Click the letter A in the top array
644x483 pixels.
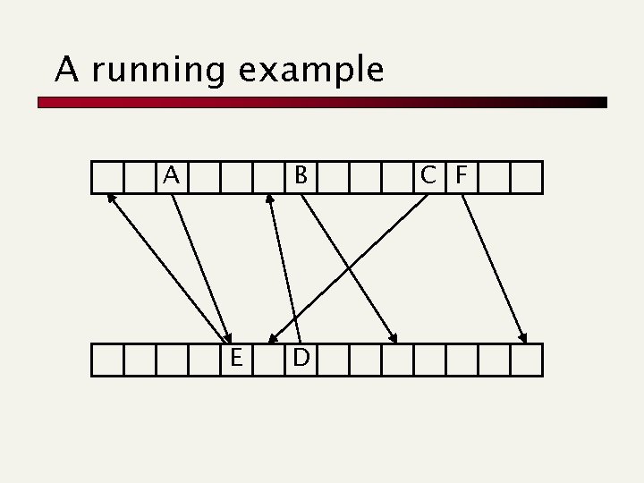pyautogui.click(x=172, y=176)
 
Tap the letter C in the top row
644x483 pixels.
pyautogui.click(x=430, y=176)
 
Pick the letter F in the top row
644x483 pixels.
pyautogui.click(x=462, y=176)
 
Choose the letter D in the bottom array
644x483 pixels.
pyautogui.click(x=301, y=359)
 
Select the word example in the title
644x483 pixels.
pyautogui.click(x=311, y=70)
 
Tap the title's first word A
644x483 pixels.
pyautogui.click(x=65, y=69)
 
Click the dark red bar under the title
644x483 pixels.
pyautogui.click(x=322, y=103)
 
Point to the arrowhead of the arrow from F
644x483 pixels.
pyautogui.click(x=523, y=338)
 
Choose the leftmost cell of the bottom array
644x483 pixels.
pyautogui.click(x=107, y=360)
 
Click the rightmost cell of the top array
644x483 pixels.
pyautogui.click(x=527, y=177)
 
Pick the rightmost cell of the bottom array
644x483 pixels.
pyautogui.click(x=527, y=360)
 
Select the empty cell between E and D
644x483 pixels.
pyautogui.click(x=268, y=360)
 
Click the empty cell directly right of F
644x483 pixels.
pyautogui.click(x=494, y=177)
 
